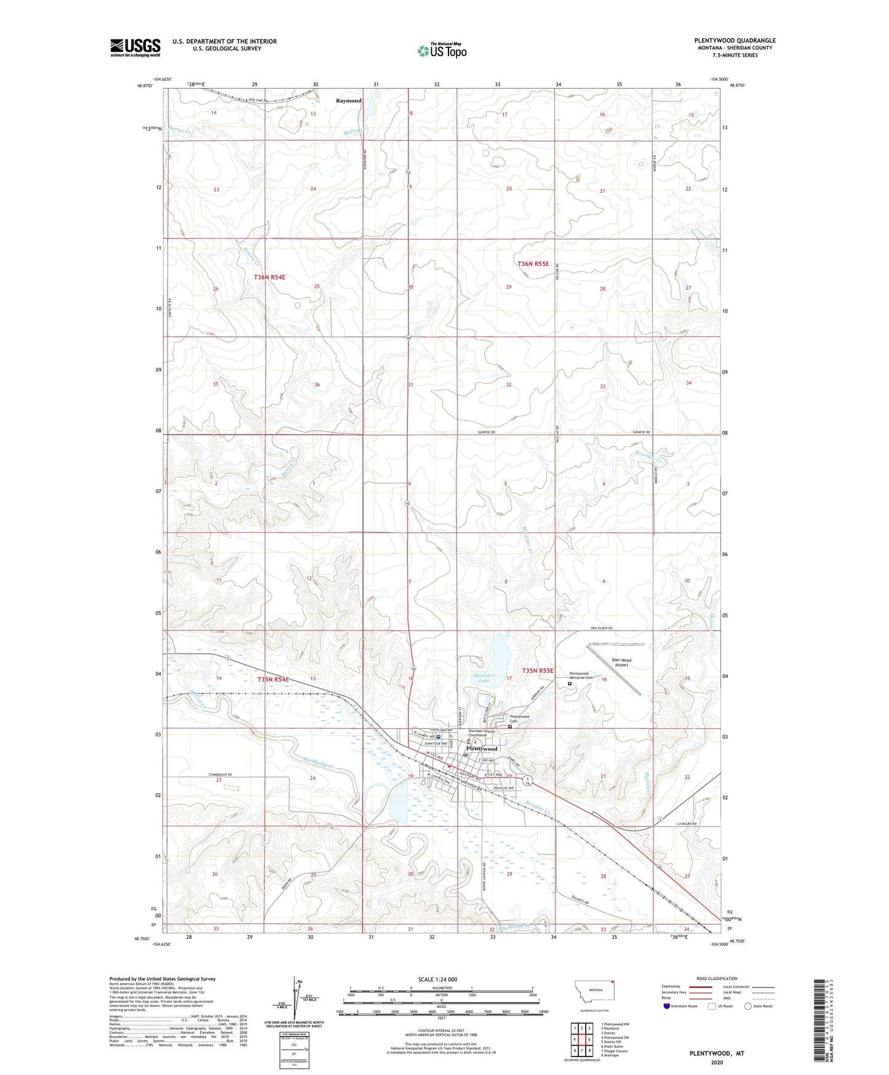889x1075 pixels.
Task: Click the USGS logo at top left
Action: click(x=135, y=47)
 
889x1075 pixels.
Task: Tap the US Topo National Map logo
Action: click(x=442, y=50)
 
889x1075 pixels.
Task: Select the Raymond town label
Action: click(x=348, y=100)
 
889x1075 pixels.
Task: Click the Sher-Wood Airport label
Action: click(x=621, y=662)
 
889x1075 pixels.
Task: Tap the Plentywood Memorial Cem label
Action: click(x=578, y=675)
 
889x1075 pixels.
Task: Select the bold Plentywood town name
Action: click(x=481, y=749)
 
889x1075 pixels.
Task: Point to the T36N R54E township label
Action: click(x=269, y=277)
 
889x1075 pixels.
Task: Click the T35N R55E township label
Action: click(x=538, y=670)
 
